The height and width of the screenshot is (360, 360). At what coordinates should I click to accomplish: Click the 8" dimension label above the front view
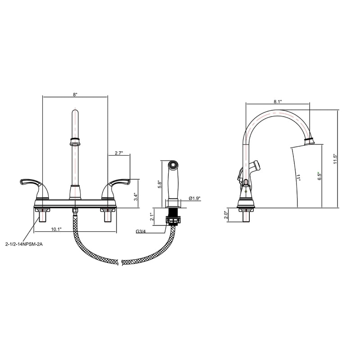click(x=76, y=94)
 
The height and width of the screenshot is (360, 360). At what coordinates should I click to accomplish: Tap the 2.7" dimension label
click(x=119, y=153)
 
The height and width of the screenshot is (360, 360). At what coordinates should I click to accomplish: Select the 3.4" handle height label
click(x=136, y=197)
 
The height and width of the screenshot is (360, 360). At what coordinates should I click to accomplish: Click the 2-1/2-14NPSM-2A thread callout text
click(x=24, y=244)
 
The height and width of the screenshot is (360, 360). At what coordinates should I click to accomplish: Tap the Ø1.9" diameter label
click(x=195, y=198)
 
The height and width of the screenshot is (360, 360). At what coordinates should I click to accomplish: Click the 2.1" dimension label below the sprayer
click(x=151, y=216)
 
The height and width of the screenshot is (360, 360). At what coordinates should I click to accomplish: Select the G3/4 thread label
click(x=141, y=232)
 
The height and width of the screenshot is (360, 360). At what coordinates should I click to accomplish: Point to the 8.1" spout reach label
click(x=278, y=102)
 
